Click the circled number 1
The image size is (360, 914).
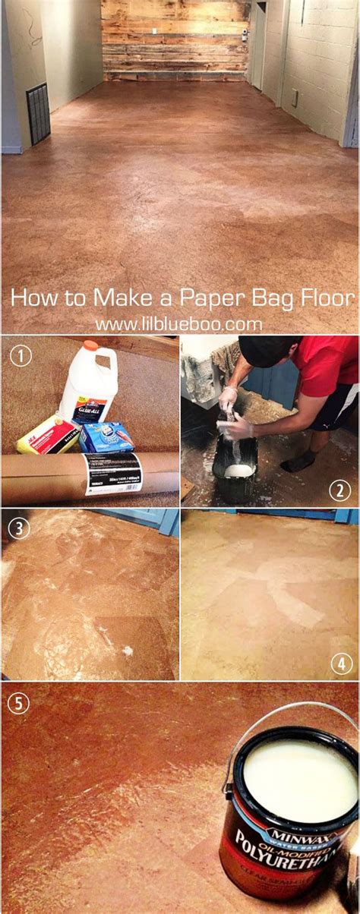point(21,355)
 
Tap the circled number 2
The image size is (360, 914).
point(340,490)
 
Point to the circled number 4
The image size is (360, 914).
point(340,663)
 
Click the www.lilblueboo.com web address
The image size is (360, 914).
point(178,324)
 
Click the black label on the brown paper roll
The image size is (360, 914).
point(114,473)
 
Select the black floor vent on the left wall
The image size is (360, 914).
point(38,114)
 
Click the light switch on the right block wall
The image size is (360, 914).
point(295,98)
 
